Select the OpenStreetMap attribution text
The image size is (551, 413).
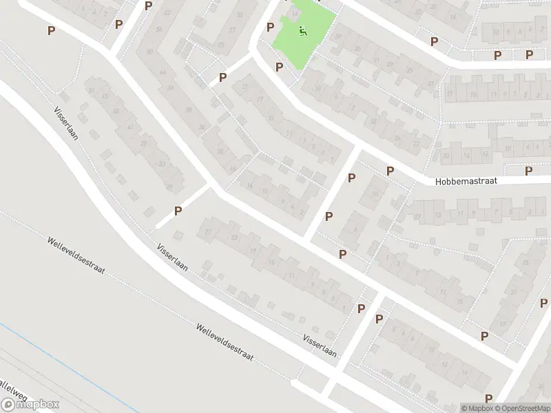click(x=524, y=407)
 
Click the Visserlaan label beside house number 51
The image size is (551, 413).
click(x=66, y=123)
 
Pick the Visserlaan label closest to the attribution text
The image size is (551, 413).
click(x=320, y=346)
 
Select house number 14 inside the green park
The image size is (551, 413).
click(x=296, y=12)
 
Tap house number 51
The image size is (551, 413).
click(x=89, y=89)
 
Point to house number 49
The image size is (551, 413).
click(x=105, y=97)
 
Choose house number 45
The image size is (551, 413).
click(x=116, y=111)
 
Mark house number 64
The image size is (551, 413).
click(x=163, y=72)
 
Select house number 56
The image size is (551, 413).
click(x=159, y=30)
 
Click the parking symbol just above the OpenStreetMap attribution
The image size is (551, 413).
click(x=488, y=398)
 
